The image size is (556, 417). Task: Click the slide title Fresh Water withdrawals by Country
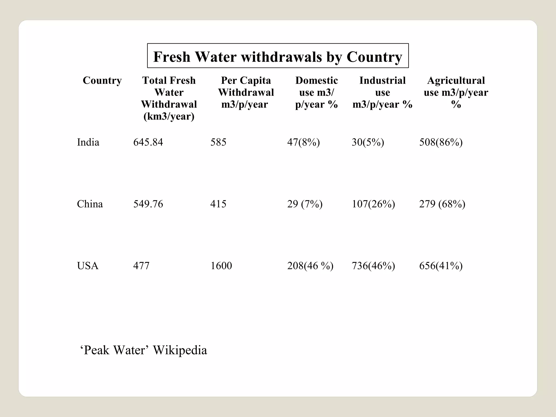tap(278, 56)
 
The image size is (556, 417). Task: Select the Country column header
tap(102, 81)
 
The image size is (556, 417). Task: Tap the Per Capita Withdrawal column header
tap(246, 92)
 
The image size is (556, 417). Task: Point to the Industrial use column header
tap(382, 92)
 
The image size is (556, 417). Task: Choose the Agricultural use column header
tap(456, 92)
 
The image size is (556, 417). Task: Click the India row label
tap(88, 142)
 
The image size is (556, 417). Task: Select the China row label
tap(90, 204)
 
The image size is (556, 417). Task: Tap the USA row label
tap(87, 266)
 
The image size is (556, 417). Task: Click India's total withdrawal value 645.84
tap(148, 142)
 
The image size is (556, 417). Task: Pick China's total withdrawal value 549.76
tap(148, 204)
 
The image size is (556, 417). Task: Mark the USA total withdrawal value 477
tap(141, 266)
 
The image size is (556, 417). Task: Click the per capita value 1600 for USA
tap(221, 266)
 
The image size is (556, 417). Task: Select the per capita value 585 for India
tap(218, 142)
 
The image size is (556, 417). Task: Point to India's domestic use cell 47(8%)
tap(304, 142)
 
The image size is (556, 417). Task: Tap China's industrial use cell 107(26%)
tap(373, 204)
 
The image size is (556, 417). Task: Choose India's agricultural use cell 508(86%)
tap(441, 142)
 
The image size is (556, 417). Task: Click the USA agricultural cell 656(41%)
tap(441, 266)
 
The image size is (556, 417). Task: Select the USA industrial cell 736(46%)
tap(373, 266)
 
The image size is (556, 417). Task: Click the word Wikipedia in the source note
tap(180, 350)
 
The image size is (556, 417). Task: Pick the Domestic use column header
tap(316, 92)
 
